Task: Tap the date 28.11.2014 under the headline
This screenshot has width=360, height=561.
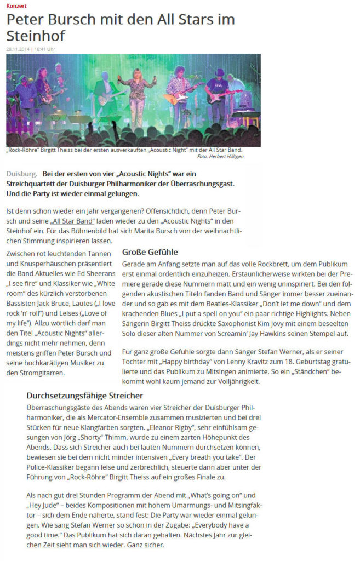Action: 18,49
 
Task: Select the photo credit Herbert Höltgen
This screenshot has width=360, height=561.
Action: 228,157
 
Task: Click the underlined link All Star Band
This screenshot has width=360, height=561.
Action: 68,221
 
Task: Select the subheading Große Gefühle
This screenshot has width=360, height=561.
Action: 150,252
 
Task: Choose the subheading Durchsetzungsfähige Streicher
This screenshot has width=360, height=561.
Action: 84,395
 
